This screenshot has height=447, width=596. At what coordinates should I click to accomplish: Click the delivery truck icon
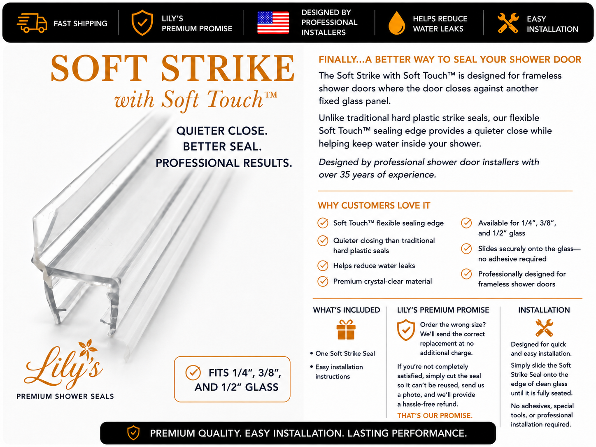pyautogui.click(x=32, y=23)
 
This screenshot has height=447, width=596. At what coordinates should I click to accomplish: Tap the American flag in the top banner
pyautogui.click(x=273, y=23)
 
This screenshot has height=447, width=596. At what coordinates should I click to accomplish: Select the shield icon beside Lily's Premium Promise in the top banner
pyautogui.click(x=142, y=23)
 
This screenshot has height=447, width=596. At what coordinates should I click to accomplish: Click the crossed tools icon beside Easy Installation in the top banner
pyautogui.click(x=508, y=23)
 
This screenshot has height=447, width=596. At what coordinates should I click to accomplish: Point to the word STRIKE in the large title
pyautogui.click(x=228, y=68)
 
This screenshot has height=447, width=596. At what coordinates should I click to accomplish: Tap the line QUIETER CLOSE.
pyautogui.click(x=221, y=131)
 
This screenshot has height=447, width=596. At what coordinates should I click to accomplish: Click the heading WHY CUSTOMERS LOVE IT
pyautogui.click(x=374, y=205)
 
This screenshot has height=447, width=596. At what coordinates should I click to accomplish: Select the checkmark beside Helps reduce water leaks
pyautogui.click(x=323, y=265)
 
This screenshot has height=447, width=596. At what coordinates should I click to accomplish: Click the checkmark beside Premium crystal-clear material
pyautogui.click(x=323, y=281)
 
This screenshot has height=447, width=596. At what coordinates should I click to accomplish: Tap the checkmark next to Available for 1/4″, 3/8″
pyautogui.click(x=466, y=223)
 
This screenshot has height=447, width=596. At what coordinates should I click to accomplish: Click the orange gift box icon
pyautogui.click(x=346, y=329)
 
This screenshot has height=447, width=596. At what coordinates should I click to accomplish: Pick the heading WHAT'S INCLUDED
pyautogui.click(x=346, y=310)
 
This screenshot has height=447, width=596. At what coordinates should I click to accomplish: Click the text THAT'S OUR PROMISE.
pyautogui.click(x=435, y=416)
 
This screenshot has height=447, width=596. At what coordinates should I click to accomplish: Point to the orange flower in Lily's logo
pyautogui.click(x=87, y=349)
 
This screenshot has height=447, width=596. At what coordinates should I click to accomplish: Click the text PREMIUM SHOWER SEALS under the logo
pyautogui.click(x=65, y=396)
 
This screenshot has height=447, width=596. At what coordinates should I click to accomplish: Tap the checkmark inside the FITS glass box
pyautogui.click(x=193, y=372)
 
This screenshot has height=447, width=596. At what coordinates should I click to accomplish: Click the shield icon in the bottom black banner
pyautogui.click(x=133, y=433)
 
